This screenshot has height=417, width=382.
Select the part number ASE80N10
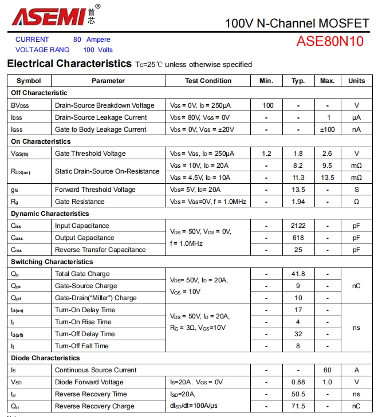pyautogui.click(x=329, y=42)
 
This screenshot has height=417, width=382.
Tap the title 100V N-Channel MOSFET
pyautogui.click(x=297, y=23)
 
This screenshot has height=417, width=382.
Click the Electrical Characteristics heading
pyautogui.click(x=69, y=64)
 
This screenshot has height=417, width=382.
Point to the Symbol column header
pyautogui.click(x=29, y=81)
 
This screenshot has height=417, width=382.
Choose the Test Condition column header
pyautogui.click(x=208, y=81)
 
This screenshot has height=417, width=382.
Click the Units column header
pyautogui.click(x=356, y=81)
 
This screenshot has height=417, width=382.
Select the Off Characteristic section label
pyautogui.click(x=39, y=93)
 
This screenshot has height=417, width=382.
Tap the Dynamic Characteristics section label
pyautogui.click(x=50, y=214)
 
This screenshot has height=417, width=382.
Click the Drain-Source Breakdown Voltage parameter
pyautogui.click(x=104, y=105)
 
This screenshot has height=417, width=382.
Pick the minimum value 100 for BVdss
pyautogui.click(x=267, y=105)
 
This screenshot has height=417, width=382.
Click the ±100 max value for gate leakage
pyautogui.click(x=327, y=129)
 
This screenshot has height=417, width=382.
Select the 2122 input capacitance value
pyautogui.click(x=298, y=226)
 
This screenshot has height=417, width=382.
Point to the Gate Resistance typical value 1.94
pyautogui.click(x=298, y=202)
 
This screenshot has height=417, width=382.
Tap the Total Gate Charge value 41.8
pyautogui.click(x=298, y=274)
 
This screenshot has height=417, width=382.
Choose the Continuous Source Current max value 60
pyautogui.click(x=327, y=370)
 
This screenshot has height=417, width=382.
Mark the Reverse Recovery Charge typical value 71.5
pyautogui.click(x=298, y=406)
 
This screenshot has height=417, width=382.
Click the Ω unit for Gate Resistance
pyautogui.click(x=356, y=202)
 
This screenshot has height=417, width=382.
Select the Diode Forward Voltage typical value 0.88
pyautogui.click(x=298, y=382)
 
